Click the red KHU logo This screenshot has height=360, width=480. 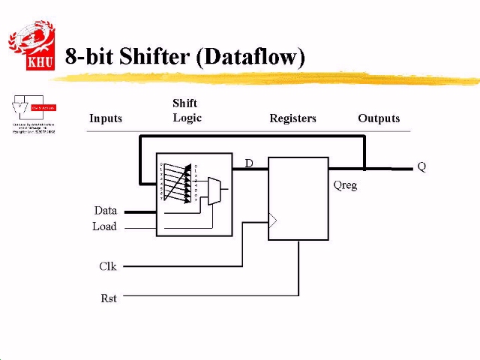pyautogui.click(x=31, y=46)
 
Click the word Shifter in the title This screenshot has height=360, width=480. pyautogui.click(x=152, y=57)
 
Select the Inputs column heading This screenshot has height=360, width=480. pyautogui.click(x=106, y=118)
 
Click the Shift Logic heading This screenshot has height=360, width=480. pyautogui.click(x=186, y=110)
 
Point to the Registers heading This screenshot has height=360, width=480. pyautogui.click(x=292, y=118)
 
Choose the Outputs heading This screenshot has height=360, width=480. pyautogui.click(x=379, y=118)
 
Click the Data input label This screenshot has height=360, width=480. pyautogui.click(x=106, y=211)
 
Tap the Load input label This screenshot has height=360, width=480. pyautogui.click(x=104, y=226)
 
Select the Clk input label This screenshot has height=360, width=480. pyautogui.click(x=108, y=266)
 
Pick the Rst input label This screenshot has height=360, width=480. pyautogui.click(x=109, y=298)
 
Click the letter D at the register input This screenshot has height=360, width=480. pyautogui.click(x=249, y=163)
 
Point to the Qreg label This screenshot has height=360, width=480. pyautogui.click(x=345, y=185)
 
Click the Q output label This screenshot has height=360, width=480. pyautogui.click(x=421, y=167)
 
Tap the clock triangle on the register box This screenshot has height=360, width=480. pyautogui.click(x=273, y=220)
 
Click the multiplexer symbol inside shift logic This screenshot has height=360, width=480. pyautogui.click(x=214, y=192)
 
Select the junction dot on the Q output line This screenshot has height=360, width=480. pyautogui.click(x=364, y=169)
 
